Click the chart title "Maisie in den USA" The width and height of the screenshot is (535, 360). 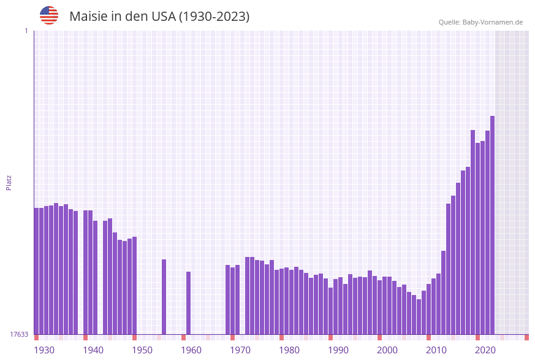(x=159, y=17)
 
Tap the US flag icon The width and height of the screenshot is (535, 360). (x=49, y=15)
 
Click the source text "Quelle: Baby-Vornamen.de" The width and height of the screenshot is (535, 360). (x=480, y=22)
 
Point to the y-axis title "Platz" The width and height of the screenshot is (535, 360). (x=9, y=182)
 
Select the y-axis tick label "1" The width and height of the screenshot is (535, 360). (x=26, y=31)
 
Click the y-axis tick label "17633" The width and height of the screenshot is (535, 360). (x=19, y=334)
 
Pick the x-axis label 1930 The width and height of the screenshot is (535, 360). (x=44, y=350)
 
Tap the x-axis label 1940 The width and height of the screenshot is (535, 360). (x=93, y=350)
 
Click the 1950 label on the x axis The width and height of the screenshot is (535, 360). (x=142, y=350)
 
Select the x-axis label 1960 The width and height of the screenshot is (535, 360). (x=191, y=350)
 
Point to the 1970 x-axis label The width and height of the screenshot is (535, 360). (x=240, y=350)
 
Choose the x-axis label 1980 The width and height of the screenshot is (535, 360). (x=289, y=350)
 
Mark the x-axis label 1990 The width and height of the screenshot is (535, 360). (x=338, y=350)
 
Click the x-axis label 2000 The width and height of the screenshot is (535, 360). (x=387, y=350)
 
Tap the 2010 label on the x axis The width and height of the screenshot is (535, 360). (x=436, y=350)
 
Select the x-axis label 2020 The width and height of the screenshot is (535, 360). (x=485, y=350)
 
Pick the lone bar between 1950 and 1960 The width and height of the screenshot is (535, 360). (x=164, y=297)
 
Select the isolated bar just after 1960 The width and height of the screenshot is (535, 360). (x=189, y=303)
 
